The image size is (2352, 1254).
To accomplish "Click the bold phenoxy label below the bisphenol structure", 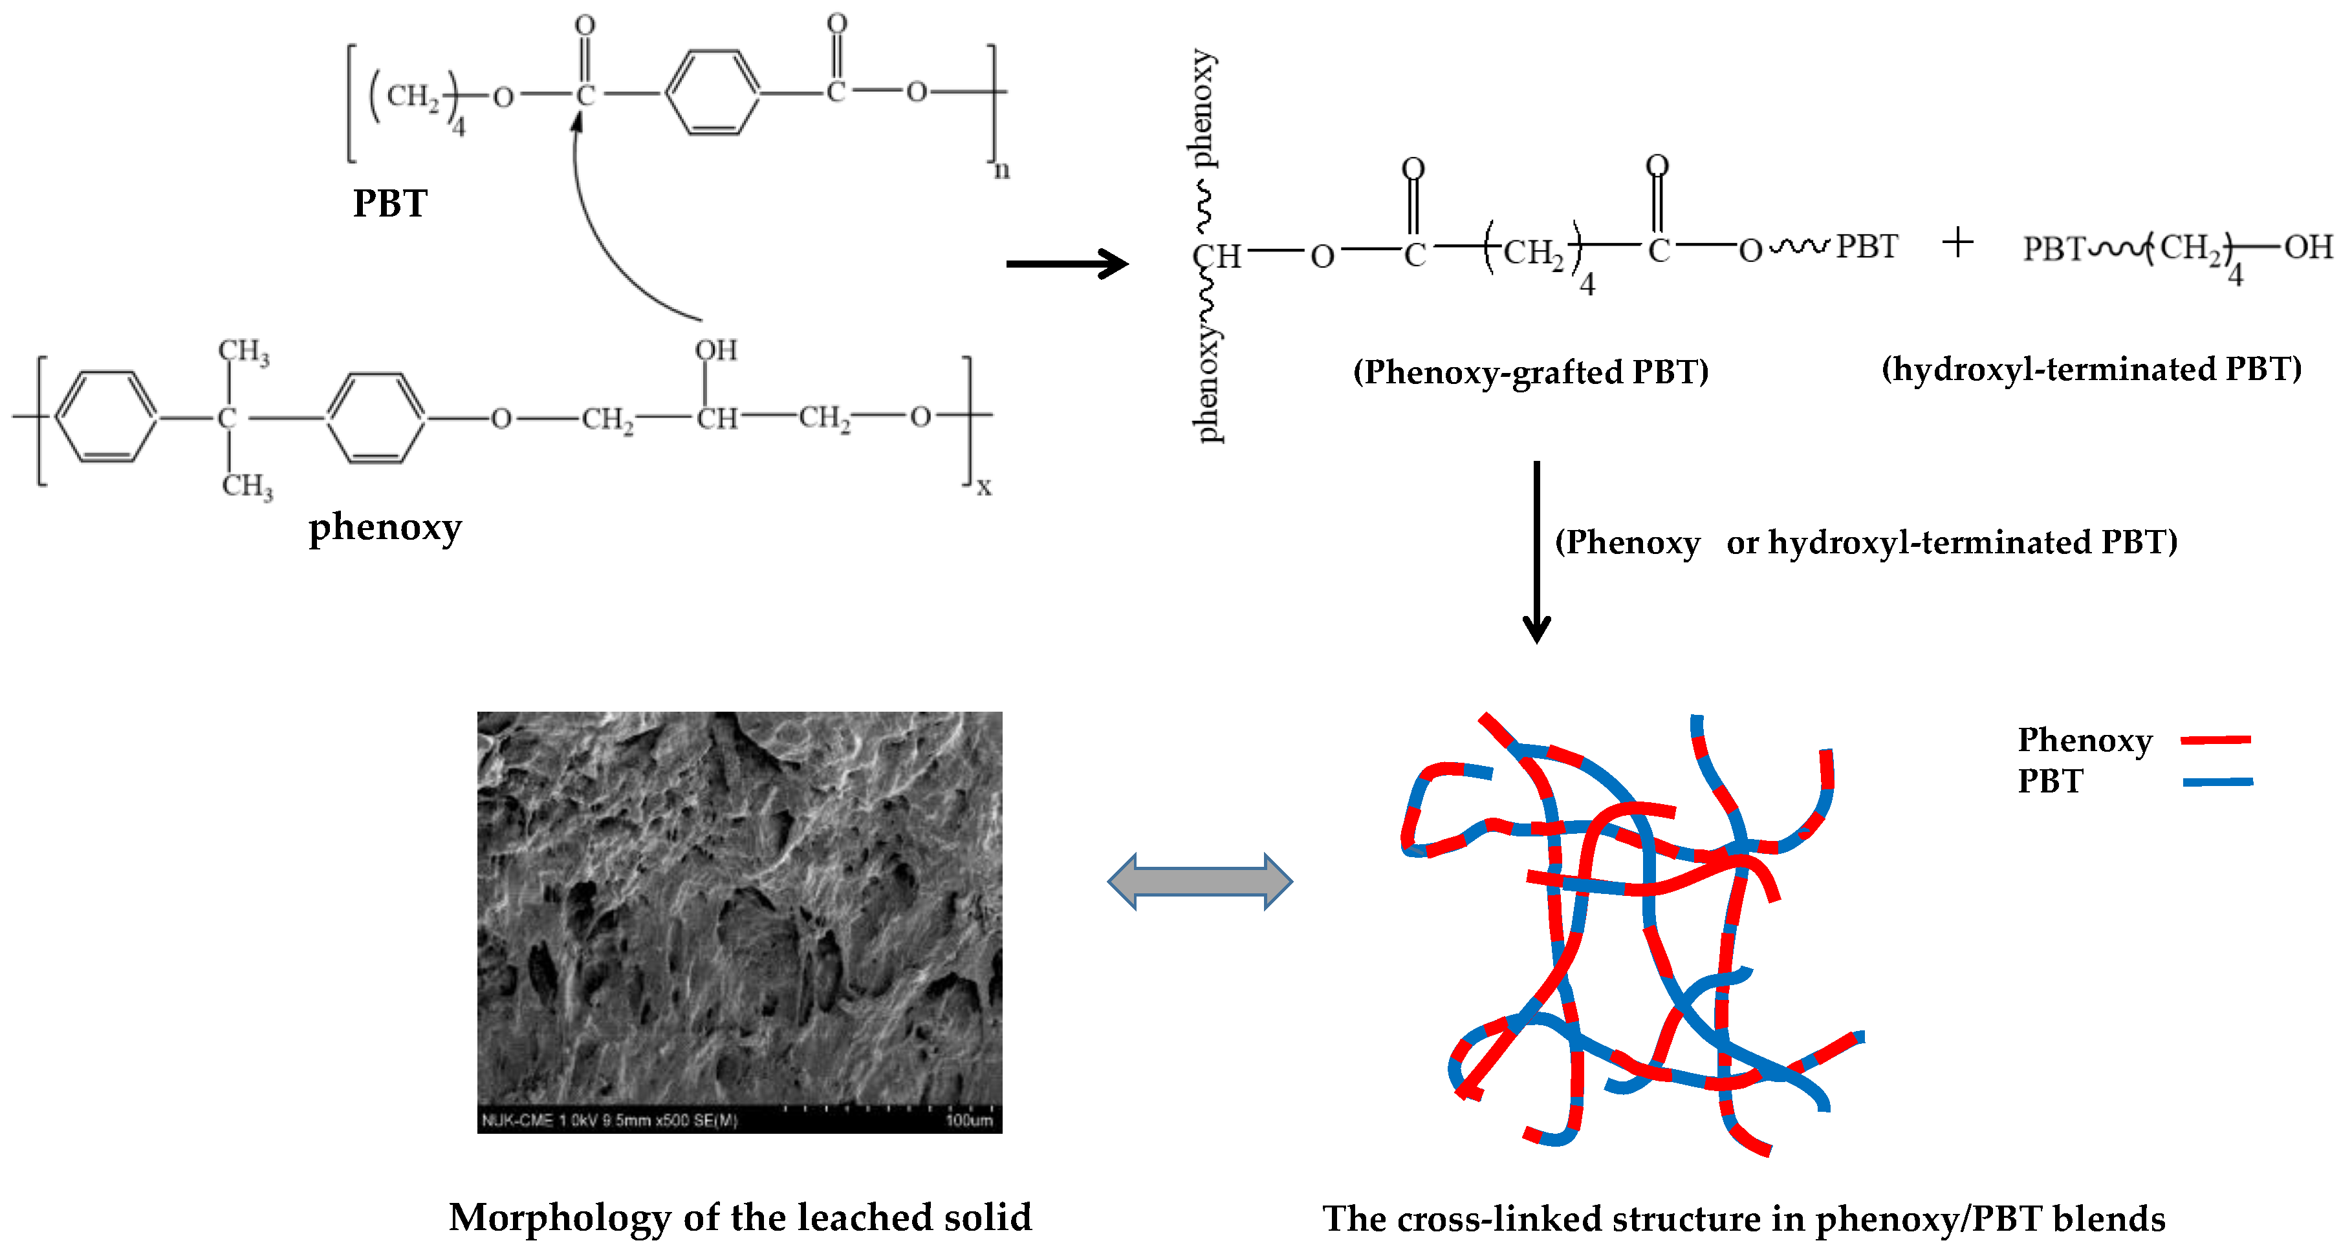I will (384, 527).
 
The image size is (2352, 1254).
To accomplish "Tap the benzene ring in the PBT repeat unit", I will (712, 93).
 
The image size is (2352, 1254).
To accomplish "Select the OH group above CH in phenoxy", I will (716, 350).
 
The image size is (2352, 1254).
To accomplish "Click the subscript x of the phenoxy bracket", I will (983, 487).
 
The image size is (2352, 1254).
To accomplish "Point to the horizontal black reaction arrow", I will (1067, 264).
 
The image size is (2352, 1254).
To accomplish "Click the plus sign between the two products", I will (1957, 243).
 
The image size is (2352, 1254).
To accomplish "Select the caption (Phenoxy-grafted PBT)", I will (1530, 372).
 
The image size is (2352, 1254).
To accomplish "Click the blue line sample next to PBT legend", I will (2217, 782).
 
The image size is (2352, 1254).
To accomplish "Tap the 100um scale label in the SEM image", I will (969, 1120).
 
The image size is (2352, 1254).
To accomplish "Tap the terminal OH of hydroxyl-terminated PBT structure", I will (2308, 246).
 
